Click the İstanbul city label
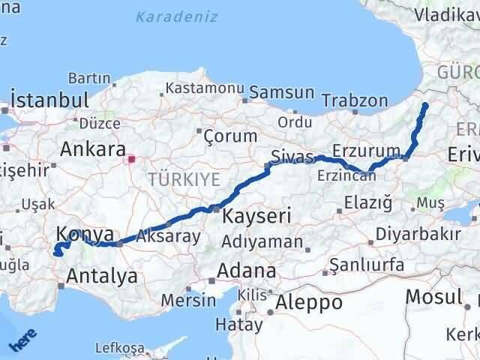point(50,99)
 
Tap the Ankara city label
point(92,148)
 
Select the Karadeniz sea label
point(177,16)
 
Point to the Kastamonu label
point(200,88)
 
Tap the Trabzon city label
point(355,100)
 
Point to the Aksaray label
point(168,236)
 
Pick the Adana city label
point(246,270)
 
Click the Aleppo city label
point(309,302)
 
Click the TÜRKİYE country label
point(184,178)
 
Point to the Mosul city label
point(433,296)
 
